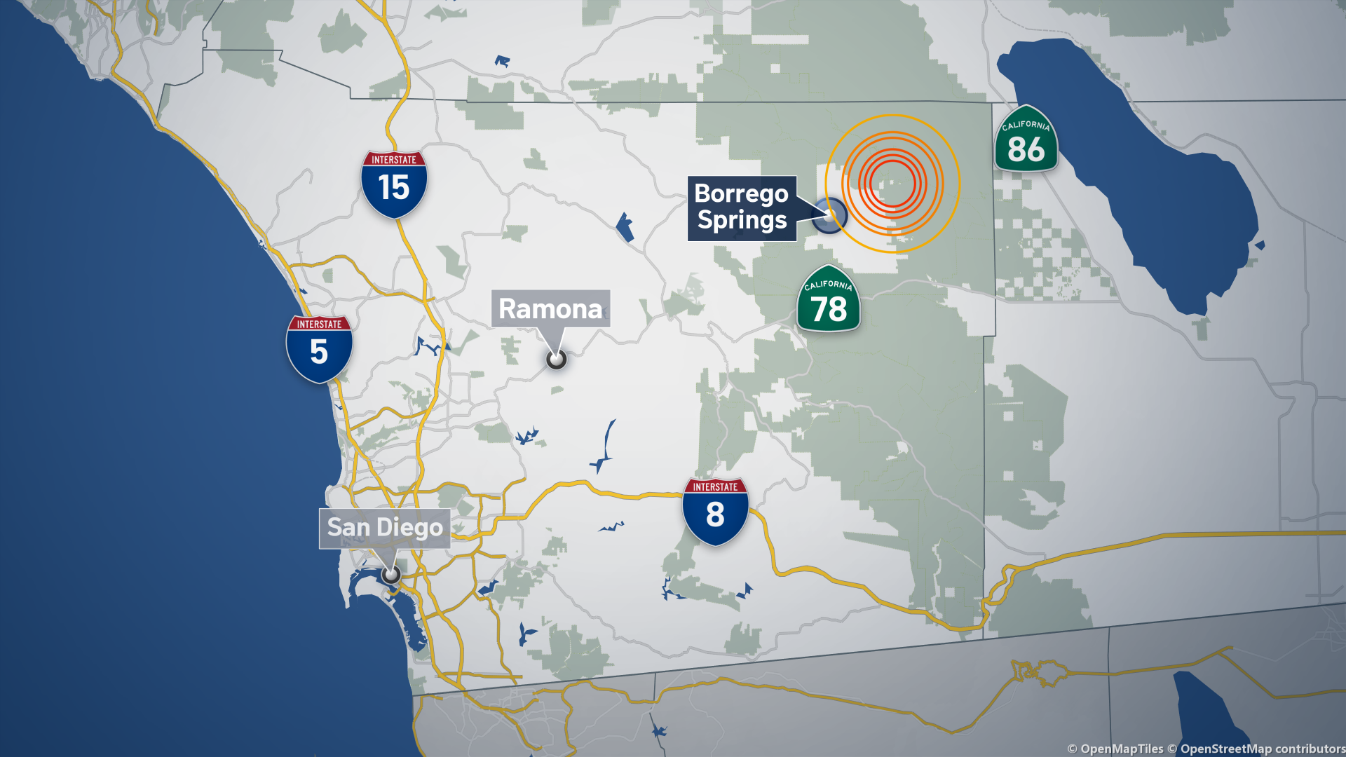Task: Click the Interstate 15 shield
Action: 394,184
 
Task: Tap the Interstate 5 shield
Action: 319,348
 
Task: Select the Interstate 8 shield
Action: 715,511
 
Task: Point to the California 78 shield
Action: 829,299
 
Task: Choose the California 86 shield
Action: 1026,140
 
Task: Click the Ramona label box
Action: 550,308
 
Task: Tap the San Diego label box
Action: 385,528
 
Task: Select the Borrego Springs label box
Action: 742,207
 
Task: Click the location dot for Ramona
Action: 556,360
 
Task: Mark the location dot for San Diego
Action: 391,575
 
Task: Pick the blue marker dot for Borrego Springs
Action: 829,215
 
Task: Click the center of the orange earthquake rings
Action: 892,184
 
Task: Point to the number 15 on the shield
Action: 394,188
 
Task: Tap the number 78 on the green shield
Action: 829,309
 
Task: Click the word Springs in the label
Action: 742,221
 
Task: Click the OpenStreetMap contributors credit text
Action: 1262,749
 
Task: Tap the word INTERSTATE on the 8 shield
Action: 715,487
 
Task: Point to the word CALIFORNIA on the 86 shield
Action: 1026,125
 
